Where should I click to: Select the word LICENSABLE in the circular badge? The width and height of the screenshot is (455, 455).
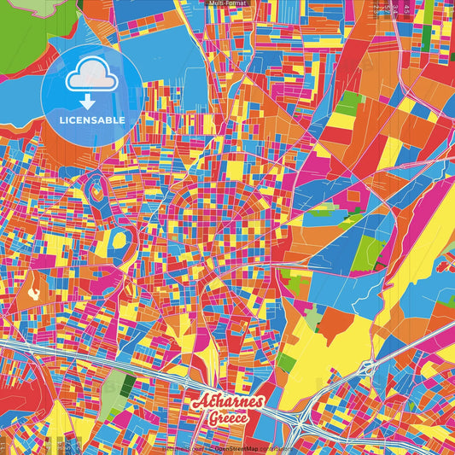click(92, 120)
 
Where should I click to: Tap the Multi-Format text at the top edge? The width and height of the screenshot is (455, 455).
click(227, 3)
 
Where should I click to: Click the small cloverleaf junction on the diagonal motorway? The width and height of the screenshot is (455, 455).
click(368, 367)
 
